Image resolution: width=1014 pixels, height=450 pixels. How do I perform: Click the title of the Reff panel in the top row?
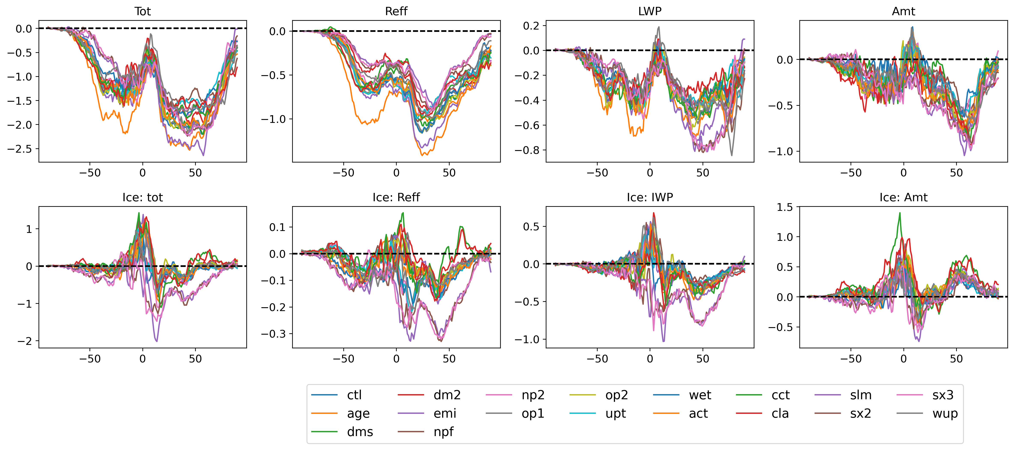(396, 11)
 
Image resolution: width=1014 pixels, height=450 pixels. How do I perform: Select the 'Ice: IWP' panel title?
(650, 197)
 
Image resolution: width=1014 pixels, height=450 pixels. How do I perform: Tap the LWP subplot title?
(650, 11)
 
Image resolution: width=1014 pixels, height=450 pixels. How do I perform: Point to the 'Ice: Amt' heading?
(903, 197)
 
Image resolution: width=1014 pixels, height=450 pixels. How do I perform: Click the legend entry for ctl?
(337, 395)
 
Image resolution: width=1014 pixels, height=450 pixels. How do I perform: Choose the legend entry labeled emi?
(427, 413)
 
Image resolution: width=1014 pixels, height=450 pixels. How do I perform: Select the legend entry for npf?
(426, 432)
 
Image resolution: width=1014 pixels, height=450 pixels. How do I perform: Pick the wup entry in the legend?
(927, 413)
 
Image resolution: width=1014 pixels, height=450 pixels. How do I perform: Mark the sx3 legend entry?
(925, 395)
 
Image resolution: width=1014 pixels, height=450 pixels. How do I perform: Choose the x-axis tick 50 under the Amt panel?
(956, 173)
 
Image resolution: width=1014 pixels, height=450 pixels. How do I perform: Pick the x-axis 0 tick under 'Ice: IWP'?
(650, 359)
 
